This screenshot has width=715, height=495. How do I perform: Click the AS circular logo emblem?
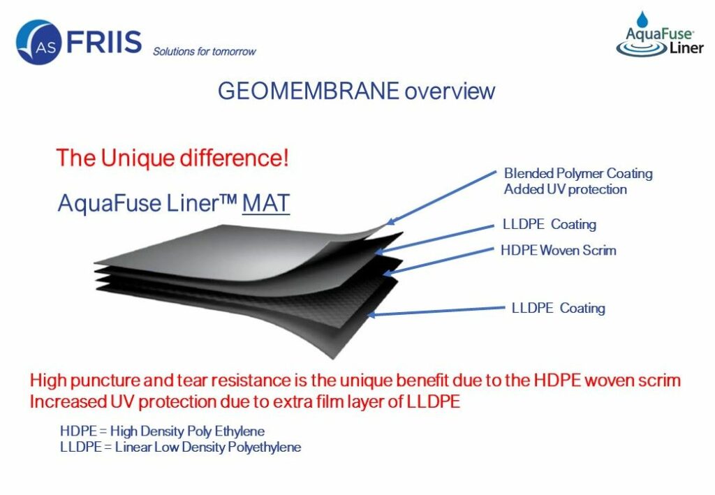coord(39,42)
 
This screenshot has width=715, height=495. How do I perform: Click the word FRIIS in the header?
coord(104,41)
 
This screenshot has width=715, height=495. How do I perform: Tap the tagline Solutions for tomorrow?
coord(205,52)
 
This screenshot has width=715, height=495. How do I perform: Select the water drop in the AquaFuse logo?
coord(642,20)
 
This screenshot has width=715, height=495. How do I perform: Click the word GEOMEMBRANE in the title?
coord(309,91)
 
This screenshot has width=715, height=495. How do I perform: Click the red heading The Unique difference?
coord(172,158)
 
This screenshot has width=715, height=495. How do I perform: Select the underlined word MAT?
coord(266,203)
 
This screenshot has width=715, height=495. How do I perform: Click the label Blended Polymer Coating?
coord(578,174)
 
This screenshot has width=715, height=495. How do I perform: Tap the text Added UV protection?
coord(566,189)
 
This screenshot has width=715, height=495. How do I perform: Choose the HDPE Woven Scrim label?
coord(559,250)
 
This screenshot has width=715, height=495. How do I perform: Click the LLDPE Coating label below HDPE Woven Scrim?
coord(559,308)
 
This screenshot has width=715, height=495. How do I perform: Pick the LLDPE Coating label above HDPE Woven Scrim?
coord(550,224)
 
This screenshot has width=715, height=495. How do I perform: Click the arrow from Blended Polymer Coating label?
coord(441,198)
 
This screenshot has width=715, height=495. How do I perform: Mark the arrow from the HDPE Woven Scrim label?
coord(438,262)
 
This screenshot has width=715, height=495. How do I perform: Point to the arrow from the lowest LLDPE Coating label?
coord(436,311)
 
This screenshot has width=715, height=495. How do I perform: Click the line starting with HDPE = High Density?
coord(162,431)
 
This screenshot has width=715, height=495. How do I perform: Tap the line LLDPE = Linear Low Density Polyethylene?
coord(181,447)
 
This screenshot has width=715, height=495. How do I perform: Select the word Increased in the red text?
coord(68,401)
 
